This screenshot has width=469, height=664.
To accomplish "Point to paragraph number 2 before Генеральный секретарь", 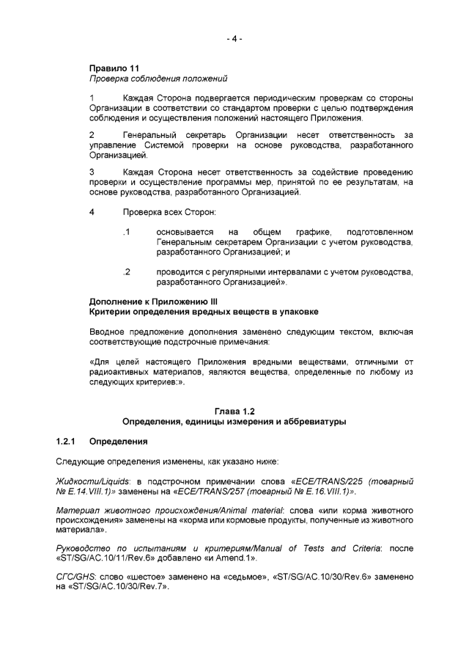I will (92, 135).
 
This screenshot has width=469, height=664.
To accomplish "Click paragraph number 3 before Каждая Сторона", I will (92, 172).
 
